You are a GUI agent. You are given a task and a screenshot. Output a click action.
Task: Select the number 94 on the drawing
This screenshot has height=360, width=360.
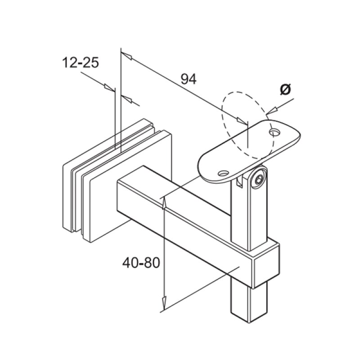point(189,79)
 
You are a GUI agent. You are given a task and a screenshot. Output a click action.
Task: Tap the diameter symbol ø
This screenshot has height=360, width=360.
point(285,90)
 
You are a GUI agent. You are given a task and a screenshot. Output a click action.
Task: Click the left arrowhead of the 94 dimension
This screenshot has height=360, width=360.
point(127,57)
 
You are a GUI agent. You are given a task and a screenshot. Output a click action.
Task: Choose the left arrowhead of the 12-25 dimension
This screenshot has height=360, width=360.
point(108,86)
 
